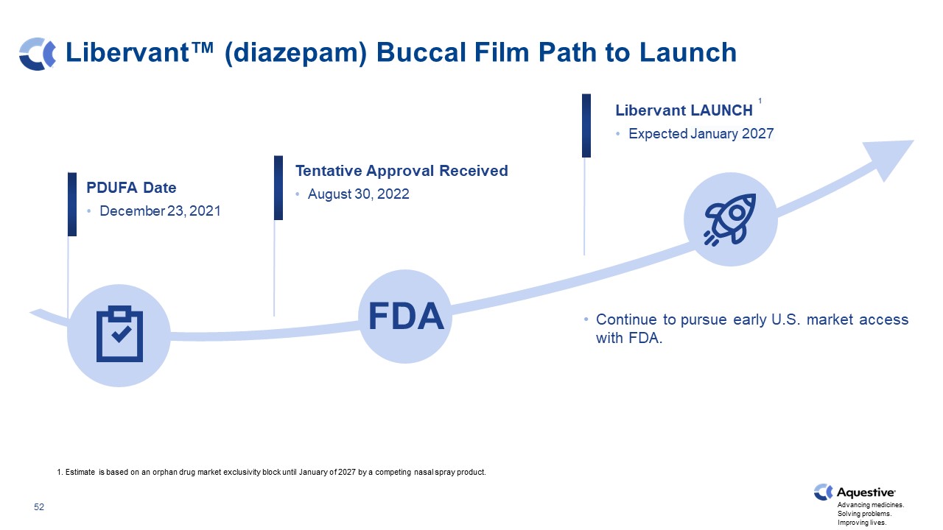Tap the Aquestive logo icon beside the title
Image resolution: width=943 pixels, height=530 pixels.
point(37,54)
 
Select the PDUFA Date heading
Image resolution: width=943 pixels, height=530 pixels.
point(131,188)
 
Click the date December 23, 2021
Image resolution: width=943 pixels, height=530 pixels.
point(160,211)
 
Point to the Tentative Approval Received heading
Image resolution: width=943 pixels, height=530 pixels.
point(402,171)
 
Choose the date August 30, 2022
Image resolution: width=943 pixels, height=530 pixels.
point(358,194)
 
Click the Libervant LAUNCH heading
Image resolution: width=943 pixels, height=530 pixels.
point(684,110)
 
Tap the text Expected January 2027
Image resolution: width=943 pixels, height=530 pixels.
point(701,134)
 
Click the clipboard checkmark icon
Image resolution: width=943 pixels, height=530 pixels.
point(119,334)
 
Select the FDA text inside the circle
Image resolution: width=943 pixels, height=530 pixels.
point(406,317)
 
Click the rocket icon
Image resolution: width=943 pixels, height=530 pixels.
point(730,219)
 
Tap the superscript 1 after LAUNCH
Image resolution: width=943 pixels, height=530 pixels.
point(760,101)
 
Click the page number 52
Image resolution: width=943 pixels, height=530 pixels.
point(39,507)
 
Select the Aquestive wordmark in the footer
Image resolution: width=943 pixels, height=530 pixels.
point(866,492)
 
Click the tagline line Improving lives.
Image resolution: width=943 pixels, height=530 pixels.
point(862,523)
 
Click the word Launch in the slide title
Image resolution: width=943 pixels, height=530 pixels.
point(688,52)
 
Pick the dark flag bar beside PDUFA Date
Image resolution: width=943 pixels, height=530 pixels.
point(72,204)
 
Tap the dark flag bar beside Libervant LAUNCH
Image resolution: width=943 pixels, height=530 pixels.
point(586,125)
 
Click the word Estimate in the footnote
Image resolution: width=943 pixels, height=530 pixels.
point(80,472)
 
